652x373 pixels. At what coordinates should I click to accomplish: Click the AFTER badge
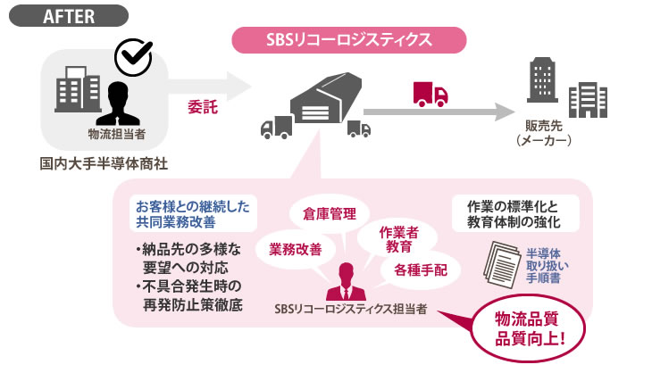click(69, 16)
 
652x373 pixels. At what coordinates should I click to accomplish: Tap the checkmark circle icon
click(133, 57)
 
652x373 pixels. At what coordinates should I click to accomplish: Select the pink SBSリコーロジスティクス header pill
click(349, 40)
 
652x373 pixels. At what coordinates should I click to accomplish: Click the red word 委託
click(203, 107)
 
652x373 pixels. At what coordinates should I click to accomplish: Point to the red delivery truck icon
click(430, 95)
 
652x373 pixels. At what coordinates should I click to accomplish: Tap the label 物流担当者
click(117, 134)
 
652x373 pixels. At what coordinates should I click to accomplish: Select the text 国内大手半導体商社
click(104, 163)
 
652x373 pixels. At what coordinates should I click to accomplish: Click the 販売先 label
click(543, 126)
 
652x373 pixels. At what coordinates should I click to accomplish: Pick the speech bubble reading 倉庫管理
click(330, 214)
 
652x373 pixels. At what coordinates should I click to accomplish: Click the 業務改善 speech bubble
click(296, 249)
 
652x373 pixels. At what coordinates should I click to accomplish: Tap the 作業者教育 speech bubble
click(398, 240)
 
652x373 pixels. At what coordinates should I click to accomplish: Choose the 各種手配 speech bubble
click(421, 270)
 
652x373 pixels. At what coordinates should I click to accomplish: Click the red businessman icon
click(346, 282)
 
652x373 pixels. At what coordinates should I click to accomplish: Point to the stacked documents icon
click(502, 264)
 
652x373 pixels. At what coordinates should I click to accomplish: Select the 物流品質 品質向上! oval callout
click(529, 329)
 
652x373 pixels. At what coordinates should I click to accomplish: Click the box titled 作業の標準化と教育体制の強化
click(515, 213)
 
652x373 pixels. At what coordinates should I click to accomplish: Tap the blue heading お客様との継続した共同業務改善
click(193, 213)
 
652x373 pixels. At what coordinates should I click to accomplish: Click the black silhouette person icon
click(118, 104)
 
